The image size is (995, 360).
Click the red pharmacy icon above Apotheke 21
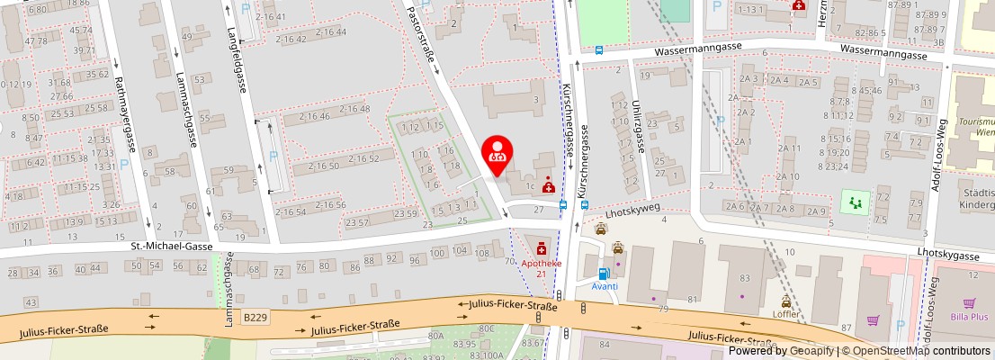click(542, 247)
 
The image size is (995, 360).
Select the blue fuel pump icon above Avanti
click(604, 273)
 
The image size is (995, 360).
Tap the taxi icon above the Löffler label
click(786, 301)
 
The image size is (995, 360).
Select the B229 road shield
click(255, 316)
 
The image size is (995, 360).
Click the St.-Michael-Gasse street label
click(172, 245)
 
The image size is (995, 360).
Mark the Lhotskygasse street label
click(949, 256)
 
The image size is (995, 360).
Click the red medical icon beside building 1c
click(548, 180)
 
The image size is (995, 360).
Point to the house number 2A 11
click(789, 148)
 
